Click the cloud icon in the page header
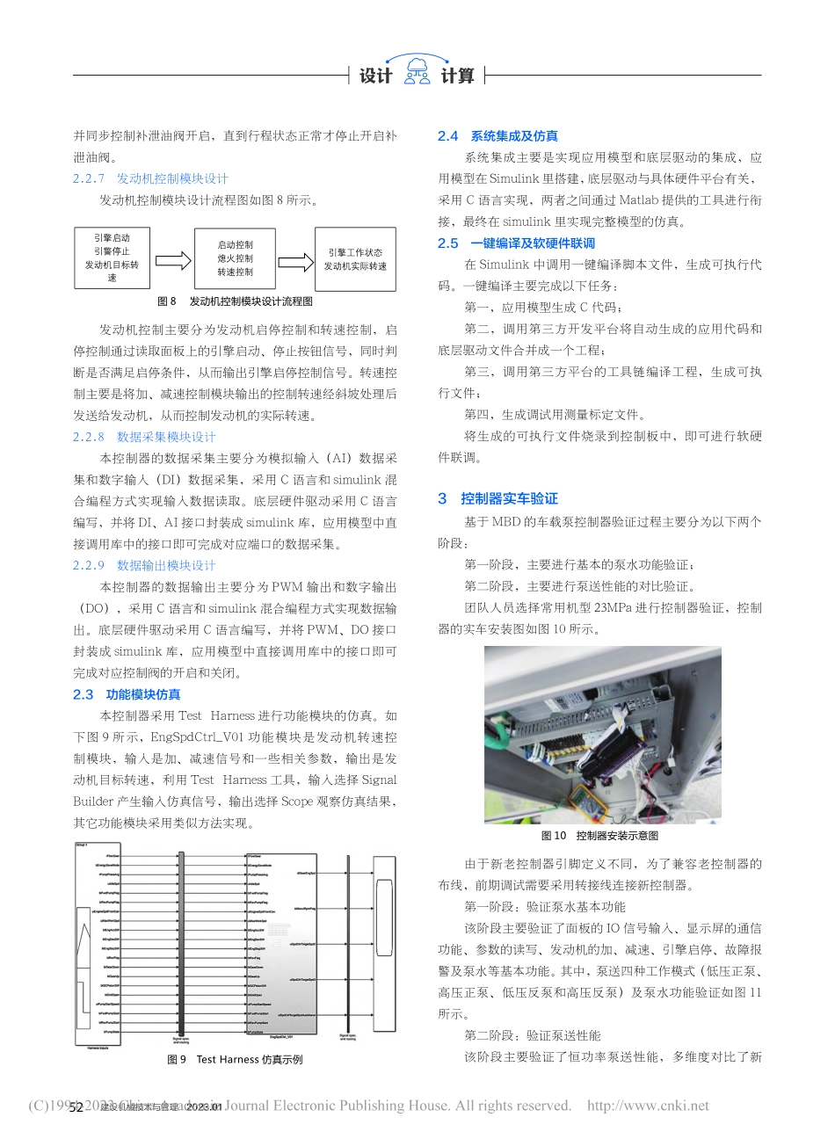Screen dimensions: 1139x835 [x=417, y=70]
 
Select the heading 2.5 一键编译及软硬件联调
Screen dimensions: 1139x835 [x=516, y=243]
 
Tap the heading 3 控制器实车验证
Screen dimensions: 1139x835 [x=497, y=498]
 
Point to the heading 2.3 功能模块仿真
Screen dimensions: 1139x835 [x=127, y=694]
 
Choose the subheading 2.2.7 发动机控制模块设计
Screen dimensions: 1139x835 [x=150, y=178]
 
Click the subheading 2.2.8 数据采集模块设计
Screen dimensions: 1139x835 [x=144, y=437]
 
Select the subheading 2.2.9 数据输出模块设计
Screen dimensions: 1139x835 [x=144, y=565]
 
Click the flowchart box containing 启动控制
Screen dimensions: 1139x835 [x=235, y=258]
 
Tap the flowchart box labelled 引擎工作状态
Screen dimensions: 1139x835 [x=355, y=259]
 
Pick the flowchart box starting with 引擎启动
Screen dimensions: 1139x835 [x=112, y=258]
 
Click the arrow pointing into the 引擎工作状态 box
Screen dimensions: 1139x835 [x=295, y=261]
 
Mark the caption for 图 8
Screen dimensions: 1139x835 [x=235, y=301]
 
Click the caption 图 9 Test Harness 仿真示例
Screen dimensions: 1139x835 [x=235, y=1059]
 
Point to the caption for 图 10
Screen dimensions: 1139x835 [x=599, y=835]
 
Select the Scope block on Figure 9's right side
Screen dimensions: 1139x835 [x=384, y=941]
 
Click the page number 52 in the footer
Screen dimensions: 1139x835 [x=76, y=1106]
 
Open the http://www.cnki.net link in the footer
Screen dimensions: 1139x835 [x=648, y=1106]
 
